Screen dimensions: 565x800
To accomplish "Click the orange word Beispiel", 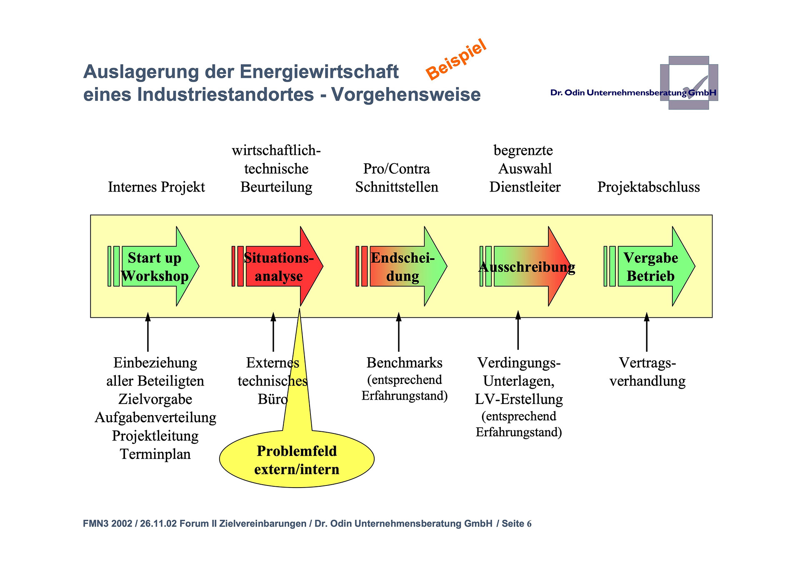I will tap(456, 59).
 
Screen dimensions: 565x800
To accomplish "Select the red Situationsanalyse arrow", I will tap(279, 266).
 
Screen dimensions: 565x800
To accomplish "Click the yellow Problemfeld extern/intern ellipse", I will tap(297, 460).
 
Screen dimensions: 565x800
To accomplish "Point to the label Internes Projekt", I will tap(156, 187).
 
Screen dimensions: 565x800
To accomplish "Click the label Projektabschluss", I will tap(648, 187).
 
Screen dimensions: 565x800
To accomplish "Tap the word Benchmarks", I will tap(404, 363).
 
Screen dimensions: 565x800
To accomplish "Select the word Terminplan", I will tap(155, 454).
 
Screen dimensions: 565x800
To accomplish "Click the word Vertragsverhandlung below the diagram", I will tap(647, 372).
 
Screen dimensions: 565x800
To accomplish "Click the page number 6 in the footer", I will tap(529, 524).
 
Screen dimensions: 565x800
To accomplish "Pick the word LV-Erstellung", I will tap(519, 399).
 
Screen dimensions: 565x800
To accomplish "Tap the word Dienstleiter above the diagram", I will tap(525, 187).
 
